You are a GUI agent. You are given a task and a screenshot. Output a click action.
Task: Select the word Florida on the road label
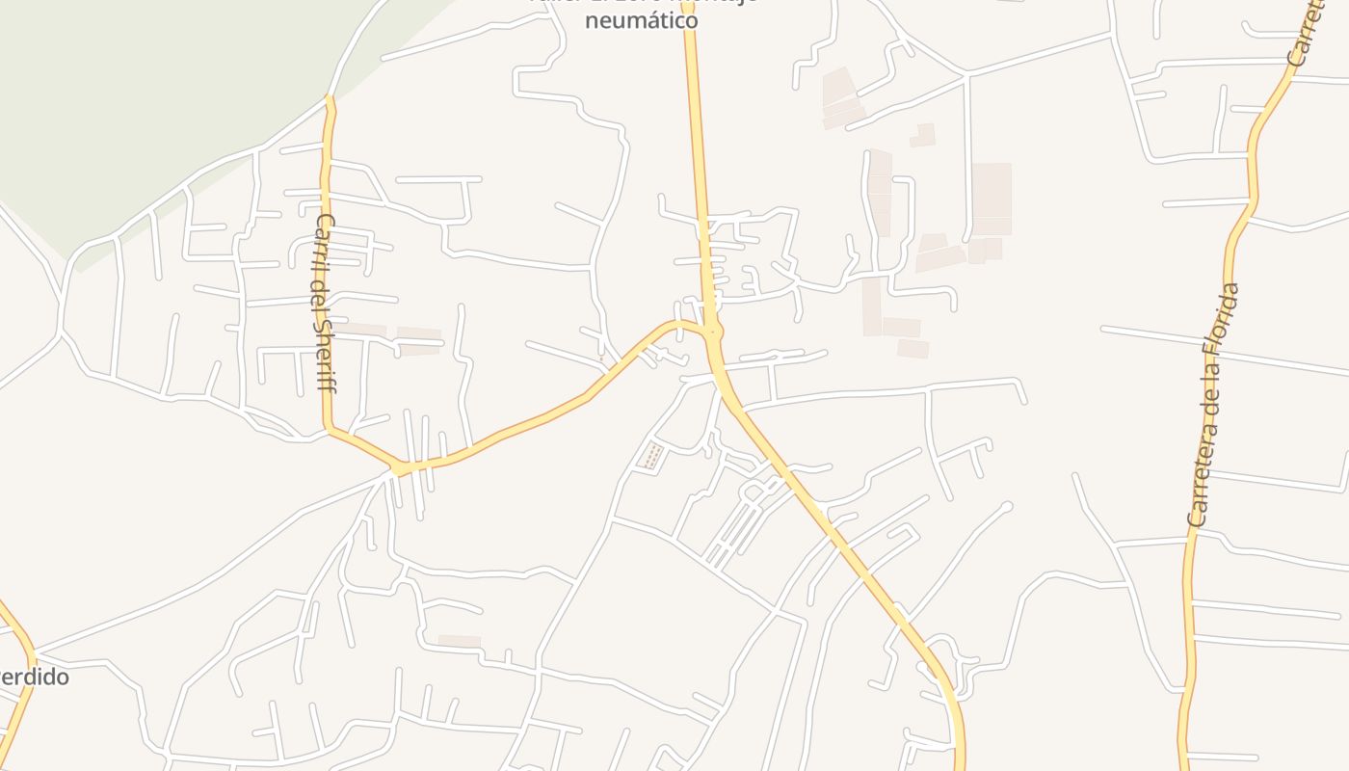[1221, 318]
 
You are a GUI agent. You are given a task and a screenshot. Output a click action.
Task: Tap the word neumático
[641, 17]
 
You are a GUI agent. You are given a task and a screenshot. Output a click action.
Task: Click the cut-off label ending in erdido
[34, 677]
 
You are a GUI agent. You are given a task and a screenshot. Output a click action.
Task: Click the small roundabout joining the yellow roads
[713, 332]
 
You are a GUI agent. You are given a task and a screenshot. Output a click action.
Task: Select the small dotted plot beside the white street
[651, 456]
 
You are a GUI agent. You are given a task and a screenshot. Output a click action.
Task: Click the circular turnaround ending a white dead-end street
[1008, 506]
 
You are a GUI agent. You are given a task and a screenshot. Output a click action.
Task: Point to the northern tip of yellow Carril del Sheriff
[330, 98]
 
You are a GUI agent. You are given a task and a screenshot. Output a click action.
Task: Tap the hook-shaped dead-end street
[904, 532]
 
